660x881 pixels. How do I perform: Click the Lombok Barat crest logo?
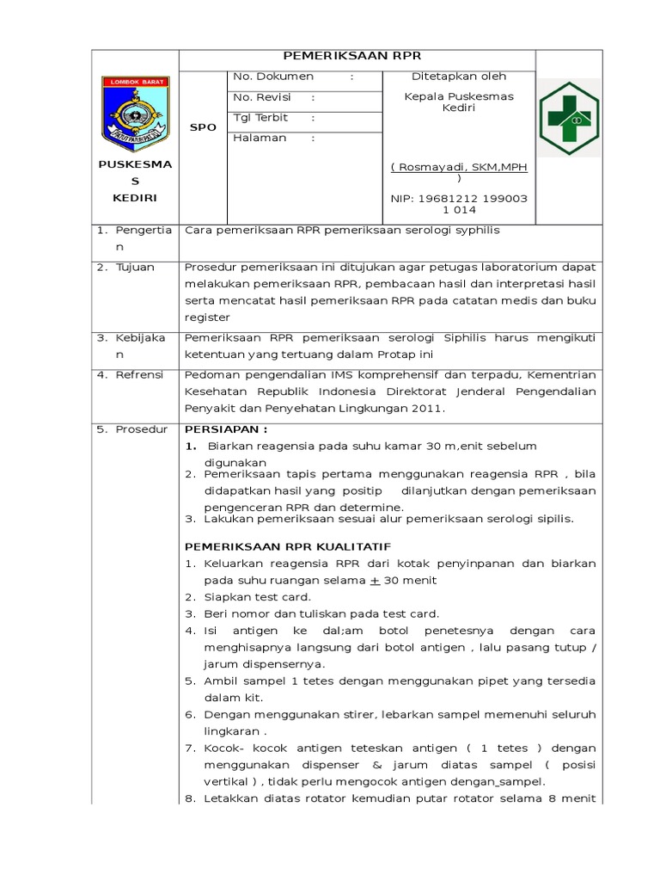(134, 111)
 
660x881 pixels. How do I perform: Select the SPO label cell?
(202, 126)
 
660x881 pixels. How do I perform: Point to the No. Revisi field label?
(263, 97)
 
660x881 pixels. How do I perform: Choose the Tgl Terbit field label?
(260, 118)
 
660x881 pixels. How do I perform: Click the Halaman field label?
(260, 138)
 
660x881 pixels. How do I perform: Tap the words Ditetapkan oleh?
(459, 77)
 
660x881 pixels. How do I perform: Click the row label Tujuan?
(136, 267)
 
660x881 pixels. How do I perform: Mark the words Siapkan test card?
(258, 596)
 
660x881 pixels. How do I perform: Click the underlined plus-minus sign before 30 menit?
(374, 580)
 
